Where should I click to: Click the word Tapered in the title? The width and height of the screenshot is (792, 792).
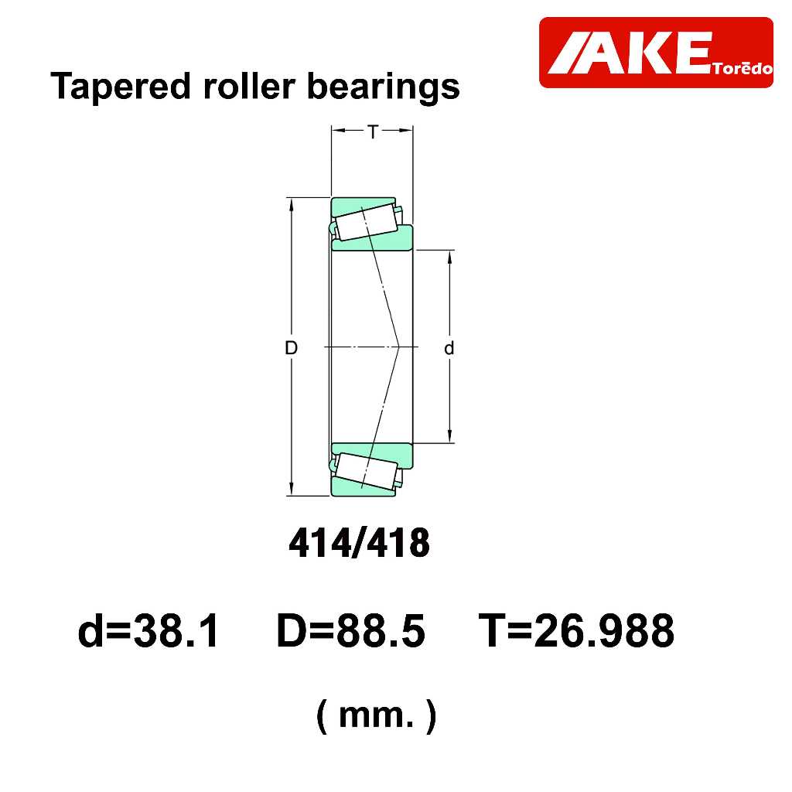click(121, 87)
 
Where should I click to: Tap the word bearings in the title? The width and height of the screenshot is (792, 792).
click(384, 87)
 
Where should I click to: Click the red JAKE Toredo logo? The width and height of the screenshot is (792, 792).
click(656, 53)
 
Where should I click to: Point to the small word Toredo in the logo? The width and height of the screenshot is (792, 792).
click(742, 68)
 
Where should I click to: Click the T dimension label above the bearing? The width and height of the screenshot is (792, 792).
click(373, 132)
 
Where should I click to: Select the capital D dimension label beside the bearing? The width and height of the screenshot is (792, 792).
click(292, 348)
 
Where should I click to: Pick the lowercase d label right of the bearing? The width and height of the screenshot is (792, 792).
click(449, 348)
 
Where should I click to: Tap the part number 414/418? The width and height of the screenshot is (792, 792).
click(359, 543)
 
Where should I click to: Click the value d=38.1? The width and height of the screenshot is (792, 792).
click(148, 630)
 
